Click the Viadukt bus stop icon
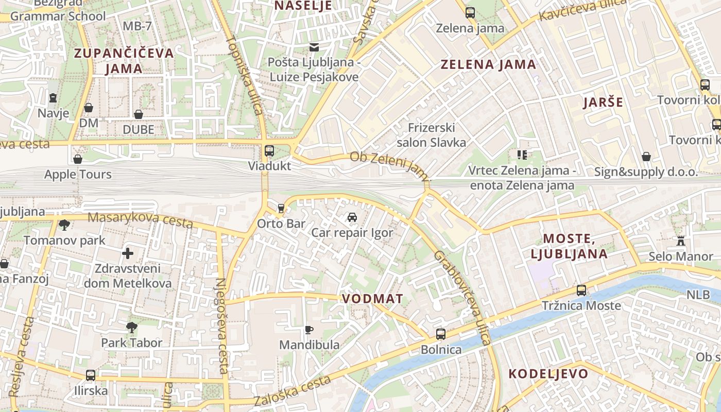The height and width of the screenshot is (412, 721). tap(269, 151)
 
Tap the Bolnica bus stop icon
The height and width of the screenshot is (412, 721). tap(441, 334)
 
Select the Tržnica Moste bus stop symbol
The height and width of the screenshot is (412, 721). tap(581, 290)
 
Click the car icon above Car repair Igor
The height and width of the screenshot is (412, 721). tap(352, 217)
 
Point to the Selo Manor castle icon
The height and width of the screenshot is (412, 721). tap(681, 241)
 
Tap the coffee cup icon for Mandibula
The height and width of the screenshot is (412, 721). tap(309, 330)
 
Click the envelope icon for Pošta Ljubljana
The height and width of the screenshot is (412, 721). tap(314, 47)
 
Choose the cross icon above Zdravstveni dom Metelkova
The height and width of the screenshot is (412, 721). tap(128, 253)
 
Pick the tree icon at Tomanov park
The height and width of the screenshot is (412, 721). tap(64, 225)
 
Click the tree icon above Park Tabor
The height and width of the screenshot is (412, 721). tap(132, 327)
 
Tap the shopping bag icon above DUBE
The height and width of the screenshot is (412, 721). tap(139, 114)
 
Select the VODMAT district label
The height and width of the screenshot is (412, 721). tap(372, 299)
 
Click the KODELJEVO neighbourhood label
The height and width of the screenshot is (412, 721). tap(548, 374)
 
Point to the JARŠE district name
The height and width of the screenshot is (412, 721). tap(603, 102)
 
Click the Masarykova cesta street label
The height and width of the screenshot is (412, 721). tap(140, 220)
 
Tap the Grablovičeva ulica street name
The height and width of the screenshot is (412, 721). tap(462, 298)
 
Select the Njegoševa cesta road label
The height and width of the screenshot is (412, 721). tap(222, 325)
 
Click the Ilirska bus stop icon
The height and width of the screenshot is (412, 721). tap(91, 375)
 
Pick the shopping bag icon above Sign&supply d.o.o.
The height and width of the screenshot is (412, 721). tap(646, 157)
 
